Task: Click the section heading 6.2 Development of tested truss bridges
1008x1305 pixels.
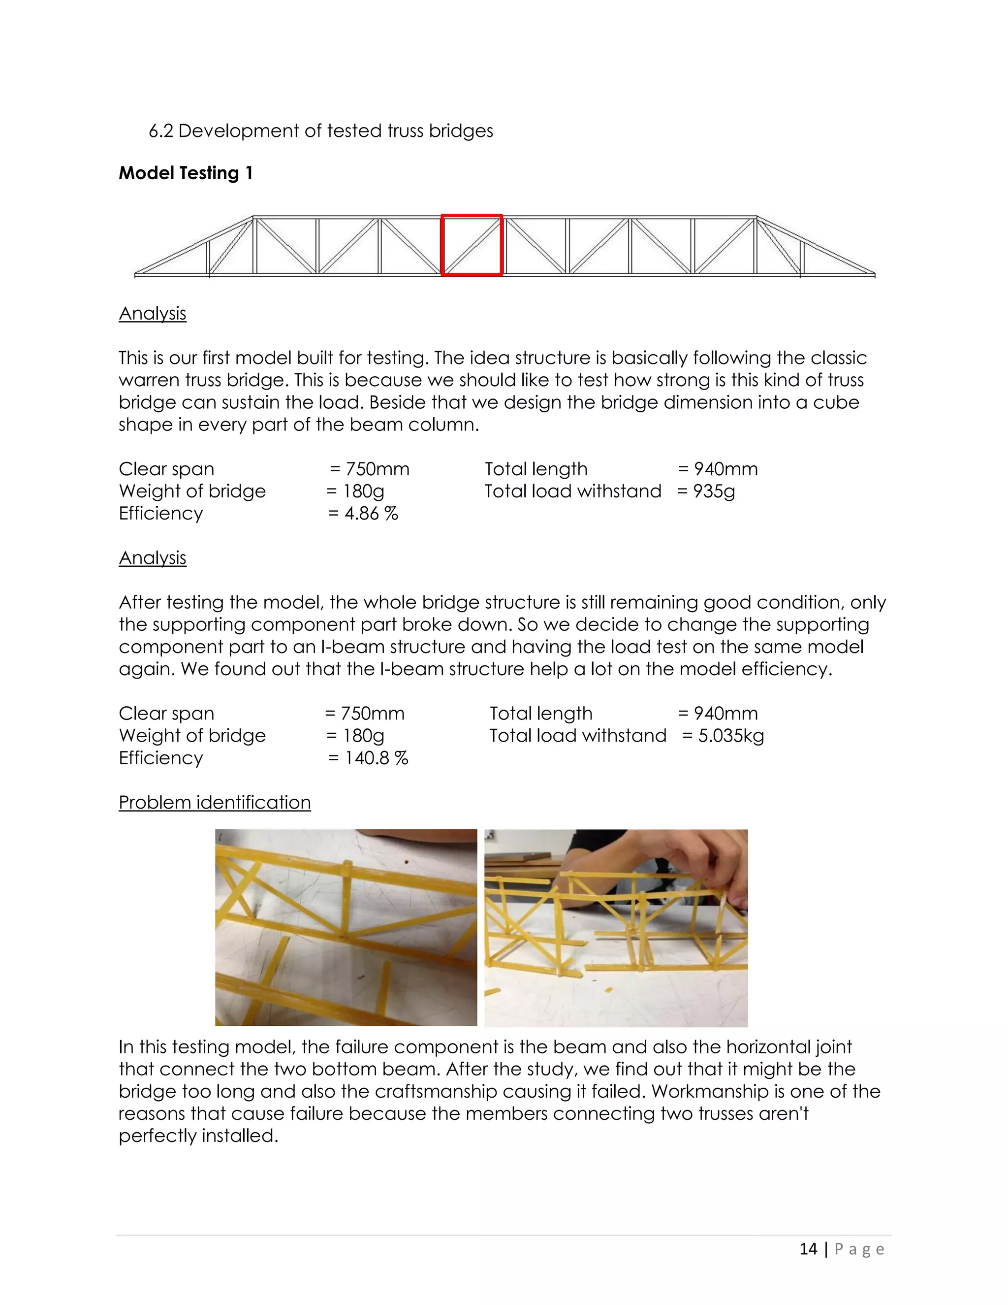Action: [321, 131]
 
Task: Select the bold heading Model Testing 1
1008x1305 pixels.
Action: [186, 173]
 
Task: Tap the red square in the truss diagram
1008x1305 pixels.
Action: [471, 245]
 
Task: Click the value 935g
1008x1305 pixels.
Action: [714, 491]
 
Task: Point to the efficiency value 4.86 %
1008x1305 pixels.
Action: [371, 514]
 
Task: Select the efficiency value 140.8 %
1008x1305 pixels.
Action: [376, 758]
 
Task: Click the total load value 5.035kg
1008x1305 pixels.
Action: [731, 736]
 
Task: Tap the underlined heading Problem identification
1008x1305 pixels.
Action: [215, 803]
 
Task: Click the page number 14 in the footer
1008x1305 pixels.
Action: [808, 1249]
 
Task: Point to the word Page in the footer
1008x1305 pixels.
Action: [859, 1249]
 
